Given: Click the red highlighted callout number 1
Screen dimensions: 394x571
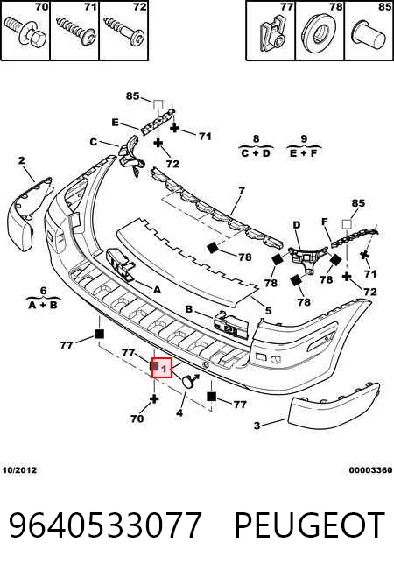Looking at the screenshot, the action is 162,368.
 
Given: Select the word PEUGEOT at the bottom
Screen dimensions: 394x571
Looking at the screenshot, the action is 310,525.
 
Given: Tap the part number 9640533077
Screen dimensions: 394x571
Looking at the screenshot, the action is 105,525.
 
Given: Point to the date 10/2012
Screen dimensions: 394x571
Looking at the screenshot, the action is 19,470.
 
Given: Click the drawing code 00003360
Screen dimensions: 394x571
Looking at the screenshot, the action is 370,470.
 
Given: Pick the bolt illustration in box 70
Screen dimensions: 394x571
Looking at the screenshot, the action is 25,32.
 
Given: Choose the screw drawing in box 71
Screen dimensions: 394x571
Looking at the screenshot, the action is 76,32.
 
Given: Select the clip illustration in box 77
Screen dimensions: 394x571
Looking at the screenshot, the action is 272,32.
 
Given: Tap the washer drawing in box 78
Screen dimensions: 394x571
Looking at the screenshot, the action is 320,32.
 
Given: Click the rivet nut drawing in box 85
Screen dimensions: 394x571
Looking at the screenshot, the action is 369,33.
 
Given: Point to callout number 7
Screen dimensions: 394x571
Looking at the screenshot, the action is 242,190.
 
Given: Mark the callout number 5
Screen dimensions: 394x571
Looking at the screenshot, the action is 269,311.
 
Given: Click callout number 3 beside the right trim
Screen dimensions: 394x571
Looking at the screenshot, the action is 257,426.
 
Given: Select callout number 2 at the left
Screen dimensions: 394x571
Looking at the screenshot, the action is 22,160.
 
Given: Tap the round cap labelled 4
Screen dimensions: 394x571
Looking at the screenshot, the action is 188,381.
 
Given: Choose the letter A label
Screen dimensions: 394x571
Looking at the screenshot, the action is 157,290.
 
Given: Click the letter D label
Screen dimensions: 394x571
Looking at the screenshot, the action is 297,225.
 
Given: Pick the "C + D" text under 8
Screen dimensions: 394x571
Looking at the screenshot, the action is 256,153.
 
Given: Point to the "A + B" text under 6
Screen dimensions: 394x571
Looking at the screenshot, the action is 43,305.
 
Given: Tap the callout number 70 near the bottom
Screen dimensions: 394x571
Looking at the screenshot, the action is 137,419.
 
